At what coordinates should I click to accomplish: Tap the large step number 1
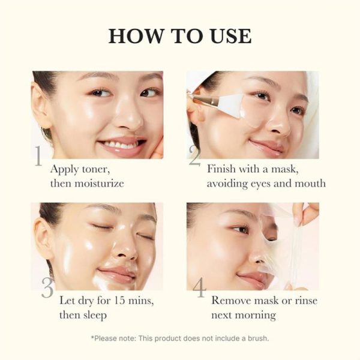click(x=38, y=157)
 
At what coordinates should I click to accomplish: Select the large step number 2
click(x=194, y=157)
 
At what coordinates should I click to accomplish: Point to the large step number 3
click(x=47, y=289)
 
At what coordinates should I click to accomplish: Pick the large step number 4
click(x=199, y=289)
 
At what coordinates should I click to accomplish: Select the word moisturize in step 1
click(x=97, y=184)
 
